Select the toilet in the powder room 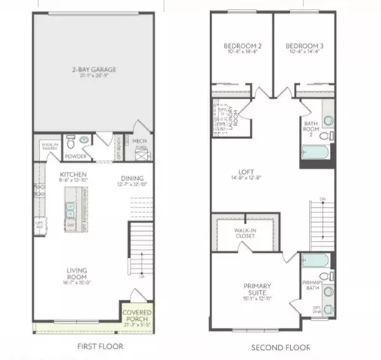click(x=70, y=141)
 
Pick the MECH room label click(x=139, y=140)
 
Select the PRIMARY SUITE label click(x=256, y=288)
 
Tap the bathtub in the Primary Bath click(x=314, y=261)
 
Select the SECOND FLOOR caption click(x=281, y=346)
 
